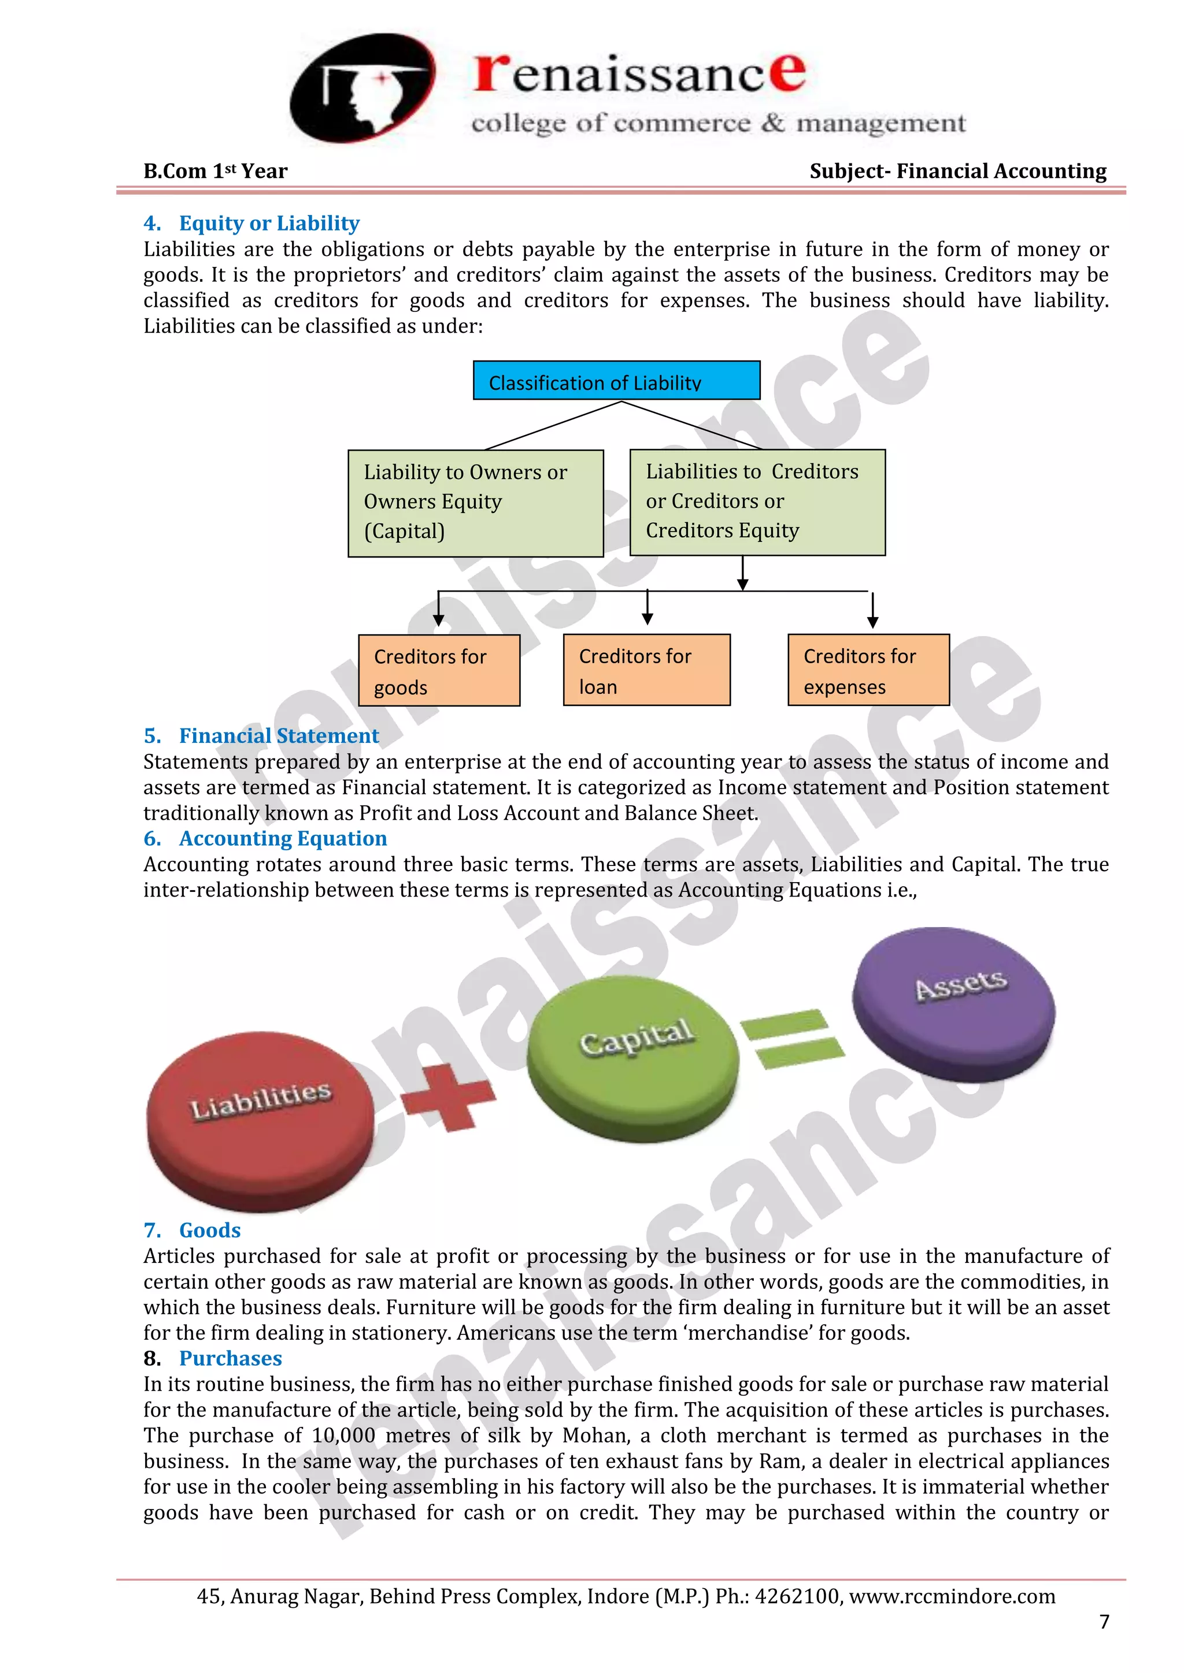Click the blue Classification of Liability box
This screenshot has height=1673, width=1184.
616,380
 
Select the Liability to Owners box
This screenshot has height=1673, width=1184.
475,503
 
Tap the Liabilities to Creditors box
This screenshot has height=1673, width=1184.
757,502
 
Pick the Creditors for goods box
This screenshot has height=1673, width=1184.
439,670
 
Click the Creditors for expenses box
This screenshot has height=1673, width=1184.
868,670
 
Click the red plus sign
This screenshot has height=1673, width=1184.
447,1095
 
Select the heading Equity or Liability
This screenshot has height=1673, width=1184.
269,223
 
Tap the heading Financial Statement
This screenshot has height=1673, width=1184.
279,735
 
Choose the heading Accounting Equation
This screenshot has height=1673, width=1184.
282,838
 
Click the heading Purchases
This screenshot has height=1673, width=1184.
231,1358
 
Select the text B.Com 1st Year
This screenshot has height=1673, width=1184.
215,171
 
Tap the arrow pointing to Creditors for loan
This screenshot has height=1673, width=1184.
647,608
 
